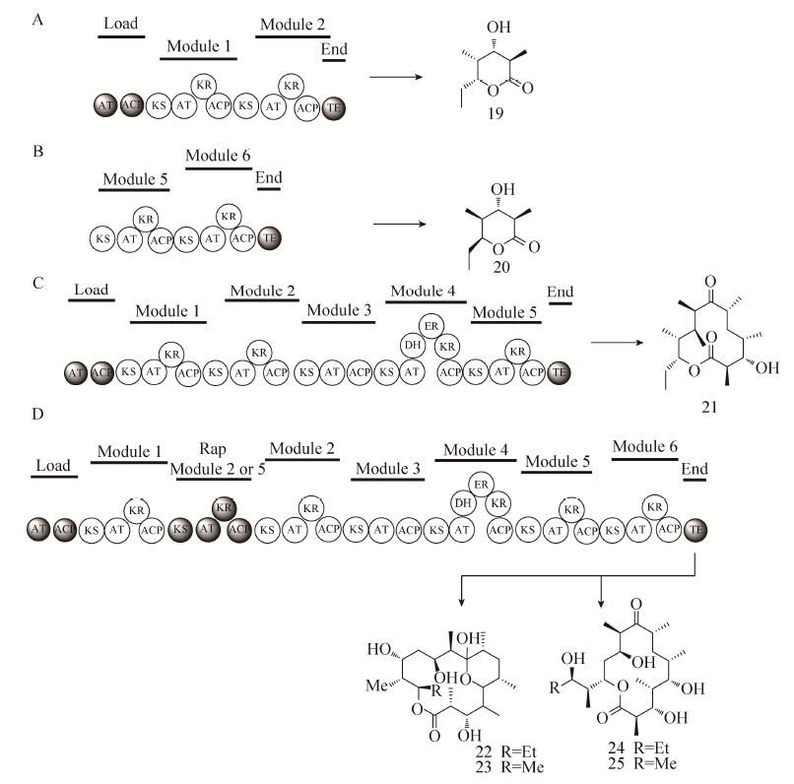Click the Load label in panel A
pyautogui.click(x=119, y=21)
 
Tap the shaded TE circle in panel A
pyautogui.click(x=334, y=105)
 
